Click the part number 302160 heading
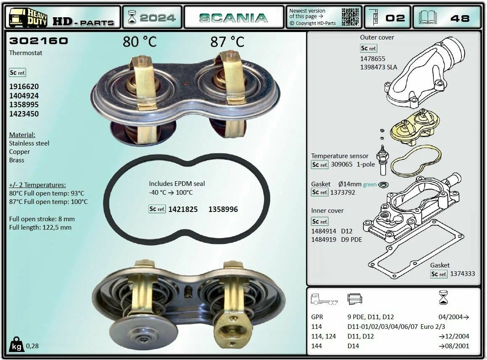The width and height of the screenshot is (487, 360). (39, 41)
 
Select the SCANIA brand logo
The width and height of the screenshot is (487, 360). (233, 18)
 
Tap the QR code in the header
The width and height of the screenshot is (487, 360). (350, 17)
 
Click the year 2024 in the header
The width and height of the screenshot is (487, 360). (157, 18)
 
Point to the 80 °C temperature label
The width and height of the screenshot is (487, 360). (140, 42)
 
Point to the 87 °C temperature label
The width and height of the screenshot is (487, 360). (228, 42)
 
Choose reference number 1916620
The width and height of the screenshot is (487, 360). (24, 87)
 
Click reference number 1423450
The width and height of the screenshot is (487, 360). (24, 114)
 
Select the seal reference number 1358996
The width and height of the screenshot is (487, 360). (223, 209)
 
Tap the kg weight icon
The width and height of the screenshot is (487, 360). (16, 345)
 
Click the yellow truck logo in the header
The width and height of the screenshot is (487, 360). (28, 18)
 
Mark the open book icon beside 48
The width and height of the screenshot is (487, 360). (428, 18)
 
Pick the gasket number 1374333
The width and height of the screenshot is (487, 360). (463, 274)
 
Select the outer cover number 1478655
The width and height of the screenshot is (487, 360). (373, 59)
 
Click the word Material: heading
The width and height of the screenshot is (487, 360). (22, 135)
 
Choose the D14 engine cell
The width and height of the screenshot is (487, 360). (353, 346)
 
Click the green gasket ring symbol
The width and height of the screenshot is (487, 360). (384, 185)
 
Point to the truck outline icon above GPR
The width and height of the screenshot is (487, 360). (324, 299)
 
